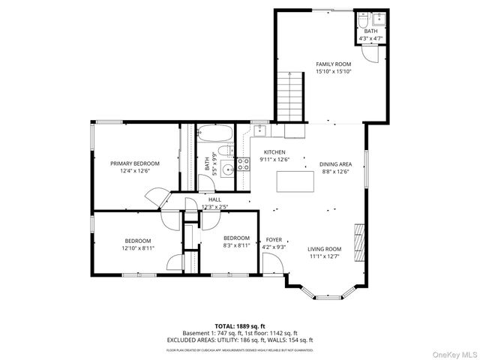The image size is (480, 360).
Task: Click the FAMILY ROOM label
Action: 334,64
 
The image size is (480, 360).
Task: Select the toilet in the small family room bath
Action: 362,19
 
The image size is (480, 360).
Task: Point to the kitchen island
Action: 295,181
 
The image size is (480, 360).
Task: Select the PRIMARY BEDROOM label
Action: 135,163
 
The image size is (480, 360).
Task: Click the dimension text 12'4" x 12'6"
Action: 135,170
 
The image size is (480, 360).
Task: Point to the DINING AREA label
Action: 335,163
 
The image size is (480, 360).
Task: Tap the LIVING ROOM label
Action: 324,249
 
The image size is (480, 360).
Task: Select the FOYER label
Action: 274,239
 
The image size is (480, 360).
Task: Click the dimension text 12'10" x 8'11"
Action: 139,247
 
